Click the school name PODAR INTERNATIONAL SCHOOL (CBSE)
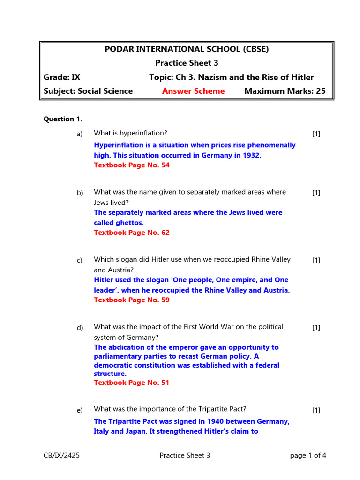point(187,49)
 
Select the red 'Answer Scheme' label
point(193,91)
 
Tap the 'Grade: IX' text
point(62,77)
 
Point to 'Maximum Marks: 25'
point(285,91)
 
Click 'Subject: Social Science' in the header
point(88,91)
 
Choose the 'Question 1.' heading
point(63,119)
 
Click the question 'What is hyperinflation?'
point(130,133)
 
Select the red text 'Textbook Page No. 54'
point(132,165)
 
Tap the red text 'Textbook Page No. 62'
point(132,232)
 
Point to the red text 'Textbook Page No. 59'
point(132,300)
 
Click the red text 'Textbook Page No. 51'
point(132,382)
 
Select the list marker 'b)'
point(80,193)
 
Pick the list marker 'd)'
point(80,328)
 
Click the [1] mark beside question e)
point(316,410)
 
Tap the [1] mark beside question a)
point(316,134)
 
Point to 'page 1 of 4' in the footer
point(308,455)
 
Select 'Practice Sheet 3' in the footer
point(185,455)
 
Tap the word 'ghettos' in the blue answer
point(128,223)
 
